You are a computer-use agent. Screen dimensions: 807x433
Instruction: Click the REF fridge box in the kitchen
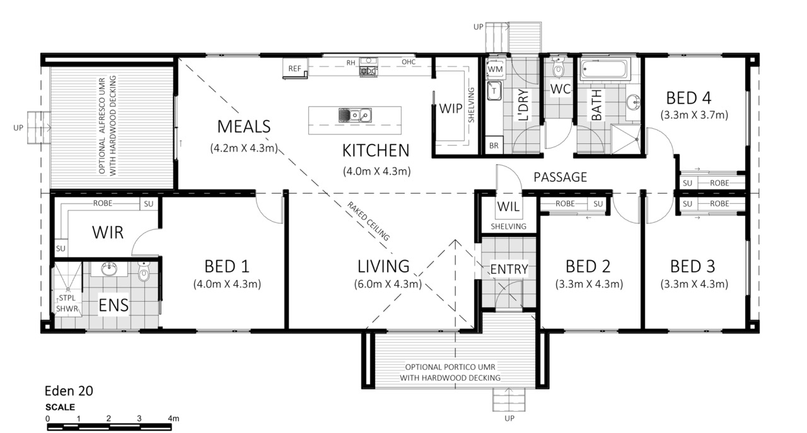pyautogui.click(x=295, y=68)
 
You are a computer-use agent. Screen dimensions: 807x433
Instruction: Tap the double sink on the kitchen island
pyautogui.click(x=355, y=115)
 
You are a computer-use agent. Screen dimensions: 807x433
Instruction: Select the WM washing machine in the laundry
pyautogui.click(x=495, y=69)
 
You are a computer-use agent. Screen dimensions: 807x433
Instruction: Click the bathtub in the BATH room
pyautogui.click(x=604, y=69)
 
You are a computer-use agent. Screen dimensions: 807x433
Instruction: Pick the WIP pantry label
pyautogui.click(x=451, y=109)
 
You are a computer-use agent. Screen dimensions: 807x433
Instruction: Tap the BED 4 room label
pyautogui.click(x=688, y=98)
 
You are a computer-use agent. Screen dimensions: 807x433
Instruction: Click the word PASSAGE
pyautogui.click(x=560, y=177)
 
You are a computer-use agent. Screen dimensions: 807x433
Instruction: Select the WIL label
pyautogui.click(x=508, y=207)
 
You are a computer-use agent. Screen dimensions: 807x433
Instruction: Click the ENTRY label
pyautogui.click(x=509, y=269)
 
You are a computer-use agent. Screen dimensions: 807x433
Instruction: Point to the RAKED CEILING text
pyautogui.click(x=368, y=221)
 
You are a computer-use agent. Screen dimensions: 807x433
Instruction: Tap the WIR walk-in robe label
pyautogui.click(x=108, y=232)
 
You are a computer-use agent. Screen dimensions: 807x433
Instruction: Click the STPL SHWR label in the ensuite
pyautogui.click(x=67, y=303)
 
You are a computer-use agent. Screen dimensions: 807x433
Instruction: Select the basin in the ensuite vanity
pyautogui.click(x=108, y=269)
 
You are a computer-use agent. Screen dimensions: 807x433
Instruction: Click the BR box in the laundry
pyautogui.click(x=494, y=145)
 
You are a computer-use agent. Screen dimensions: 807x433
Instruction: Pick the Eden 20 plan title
pyautogui.click(x=69, y=391)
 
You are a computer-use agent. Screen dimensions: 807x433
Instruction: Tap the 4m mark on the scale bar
pyautogui.click(x=173, y=418)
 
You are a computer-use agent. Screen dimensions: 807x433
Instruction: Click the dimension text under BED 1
pyautogui.click(x=227, y=284)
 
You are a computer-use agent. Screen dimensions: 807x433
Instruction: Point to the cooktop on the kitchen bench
pyautogui.click(x=368, y=71)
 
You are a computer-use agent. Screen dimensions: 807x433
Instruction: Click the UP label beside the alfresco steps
pyautogui.click(x=18, y=128)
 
